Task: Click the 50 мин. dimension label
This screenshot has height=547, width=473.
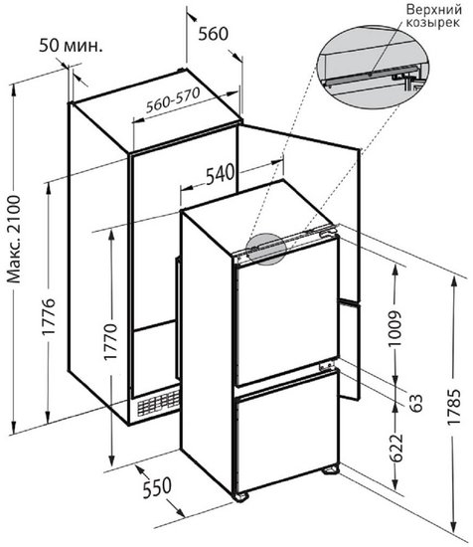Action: tap(71, 45)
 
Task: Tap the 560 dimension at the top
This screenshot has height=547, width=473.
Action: tap(214, 34)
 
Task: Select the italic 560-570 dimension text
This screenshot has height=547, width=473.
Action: tap(173, 100)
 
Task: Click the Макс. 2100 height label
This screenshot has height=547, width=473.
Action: tap(14, 240)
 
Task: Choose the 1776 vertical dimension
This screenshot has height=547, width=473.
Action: tap(49, 316)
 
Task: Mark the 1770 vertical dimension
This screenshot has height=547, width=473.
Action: tap(111, 341)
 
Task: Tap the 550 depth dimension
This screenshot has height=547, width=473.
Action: tap(157, 487)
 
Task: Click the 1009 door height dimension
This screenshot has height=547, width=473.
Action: tap(394, 328)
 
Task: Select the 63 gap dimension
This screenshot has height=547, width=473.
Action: tap(415, 403)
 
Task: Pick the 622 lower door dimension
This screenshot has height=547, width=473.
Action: tap(395, 448)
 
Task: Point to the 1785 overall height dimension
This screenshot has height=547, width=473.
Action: tap(454, 407)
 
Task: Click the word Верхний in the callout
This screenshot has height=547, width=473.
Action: tap(434, 9)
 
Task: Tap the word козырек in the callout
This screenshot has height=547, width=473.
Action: tap(433, 23)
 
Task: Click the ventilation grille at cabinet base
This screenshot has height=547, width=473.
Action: tap(159, 402)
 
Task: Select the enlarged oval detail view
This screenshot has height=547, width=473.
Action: tap(373, 67)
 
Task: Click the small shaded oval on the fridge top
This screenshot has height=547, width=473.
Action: tap(266, 248)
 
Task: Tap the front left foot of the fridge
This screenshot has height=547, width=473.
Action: tap(240, 496)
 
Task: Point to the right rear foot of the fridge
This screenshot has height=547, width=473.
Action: tap(331, 470)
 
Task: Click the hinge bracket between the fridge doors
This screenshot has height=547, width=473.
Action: tap(327, 366)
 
